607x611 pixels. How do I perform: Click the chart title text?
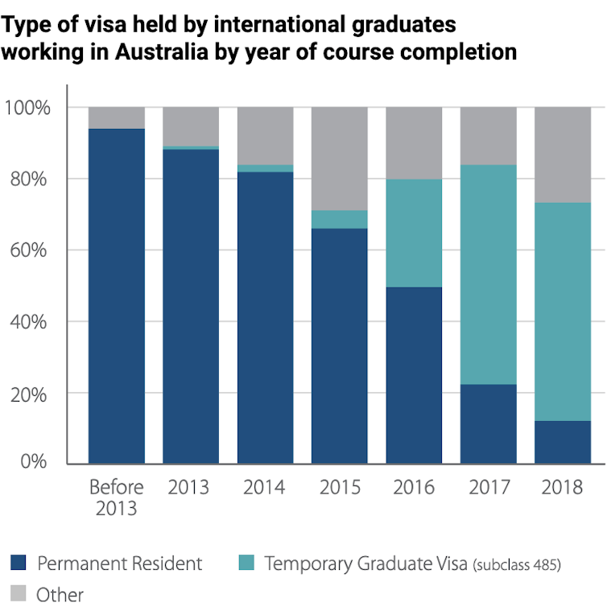click(258, 39)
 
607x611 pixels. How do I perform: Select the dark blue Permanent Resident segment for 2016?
click(414, 375)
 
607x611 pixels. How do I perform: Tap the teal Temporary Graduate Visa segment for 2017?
click(489, 275)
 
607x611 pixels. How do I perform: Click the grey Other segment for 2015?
click(340, 159)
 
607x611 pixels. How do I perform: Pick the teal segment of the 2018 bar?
click(563, 312)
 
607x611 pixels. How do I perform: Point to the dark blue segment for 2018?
click(563, 442)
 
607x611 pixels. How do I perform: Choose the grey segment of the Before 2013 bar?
click(117, 118)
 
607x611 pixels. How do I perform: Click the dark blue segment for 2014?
click(265, 318)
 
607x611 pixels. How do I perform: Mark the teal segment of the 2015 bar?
click(340, 220)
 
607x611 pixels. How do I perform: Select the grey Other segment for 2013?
click(191, 126)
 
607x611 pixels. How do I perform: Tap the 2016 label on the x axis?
click(414, 488)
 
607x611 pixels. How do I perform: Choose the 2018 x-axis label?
click(563, 488)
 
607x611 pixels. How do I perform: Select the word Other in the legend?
click(60, 595)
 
